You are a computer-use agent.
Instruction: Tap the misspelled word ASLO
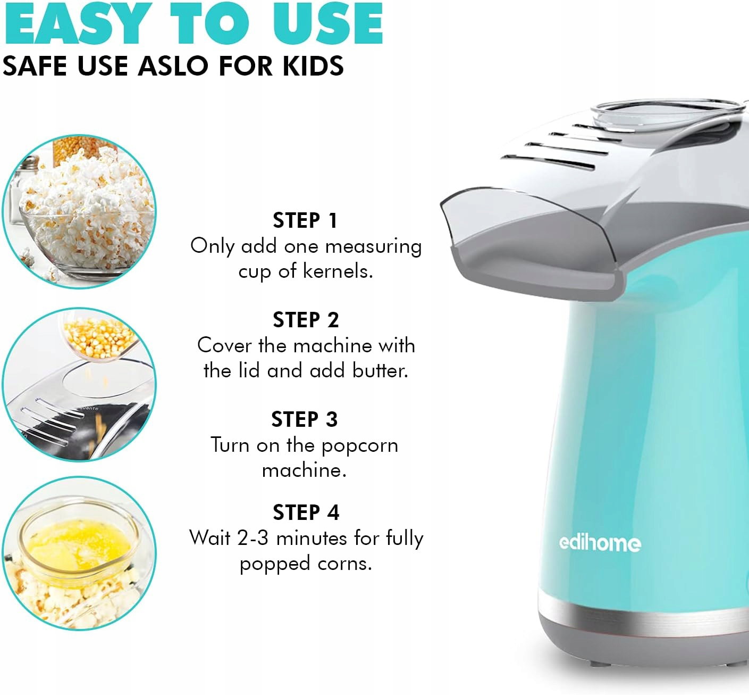173,66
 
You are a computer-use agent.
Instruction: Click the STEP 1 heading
305,221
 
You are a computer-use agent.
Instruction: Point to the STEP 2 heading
306,320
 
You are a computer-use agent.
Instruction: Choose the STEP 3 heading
305,420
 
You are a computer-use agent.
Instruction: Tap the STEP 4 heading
306,512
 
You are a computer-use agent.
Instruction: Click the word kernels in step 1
338,271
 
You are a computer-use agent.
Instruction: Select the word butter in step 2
380,370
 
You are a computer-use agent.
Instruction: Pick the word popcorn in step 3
360,446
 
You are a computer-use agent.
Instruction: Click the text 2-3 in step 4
253,538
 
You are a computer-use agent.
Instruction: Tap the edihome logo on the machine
600,543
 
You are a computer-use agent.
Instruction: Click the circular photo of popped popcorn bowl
79,211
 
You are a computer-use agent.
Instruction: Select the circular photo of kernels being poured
79,385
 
